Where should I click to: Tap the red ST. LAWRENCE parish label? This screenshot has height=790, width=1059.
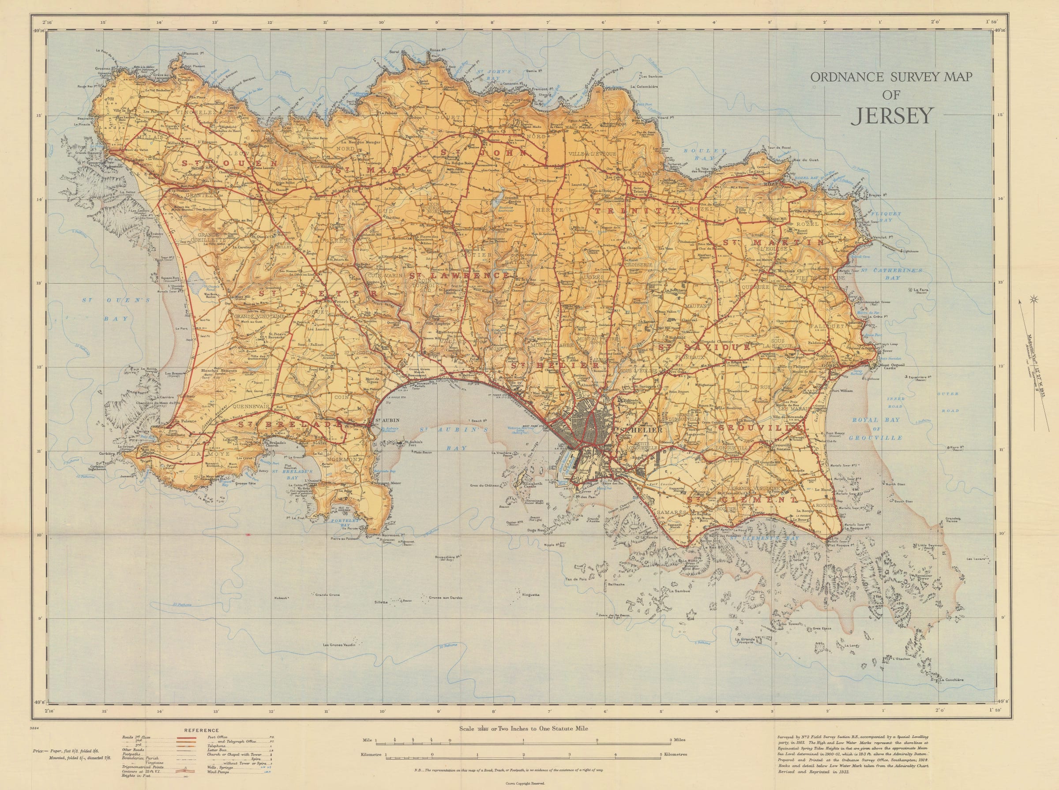click(460, 276)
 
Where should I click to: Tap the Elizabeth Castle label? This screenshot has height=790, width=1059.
click(529, 486)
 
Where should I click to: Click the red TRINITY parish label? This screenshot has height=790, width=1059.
click(635, 210)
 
